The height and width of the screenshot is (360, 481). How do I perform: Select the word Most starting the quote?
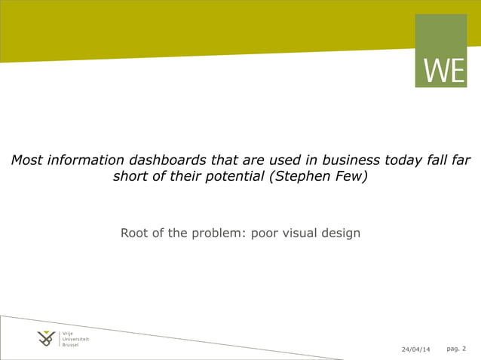(26, 160)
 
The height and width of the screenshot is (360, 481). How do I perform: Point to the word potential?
(233, 178)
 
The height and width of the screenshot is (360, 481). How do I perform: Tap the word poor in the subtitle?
(266, 233)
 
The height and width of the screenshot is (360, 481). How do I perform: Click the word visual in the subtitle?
(305, 233)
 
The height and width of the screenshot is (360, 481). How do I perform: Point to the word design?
(345, 233)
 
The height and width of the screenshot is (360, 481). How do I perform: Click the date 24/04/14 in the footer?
(415, 349)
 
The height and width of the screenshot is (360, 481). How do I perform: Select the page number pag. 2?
(456, 349)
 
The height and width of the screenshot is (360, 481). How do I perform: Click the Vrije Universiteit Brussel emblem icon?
(47, 339)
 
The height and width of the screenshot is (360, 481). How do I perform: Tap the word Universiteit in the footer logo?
(76, 339)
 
